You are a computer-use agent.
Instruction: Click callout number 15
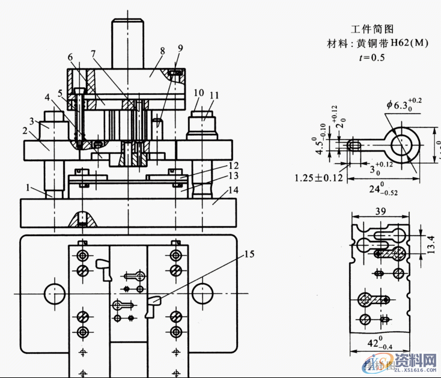click(248, 254)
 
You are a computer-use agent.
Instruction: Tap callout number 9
click(180, 48)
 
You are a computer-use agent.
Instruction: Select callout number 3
click(32, 121)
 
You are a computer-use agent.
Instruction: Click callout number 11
click(214, 94)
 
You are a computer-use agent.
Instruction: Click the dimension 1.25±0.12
click(318, 178)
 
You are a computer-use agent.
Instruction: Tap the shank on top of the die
click(128, 44)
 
